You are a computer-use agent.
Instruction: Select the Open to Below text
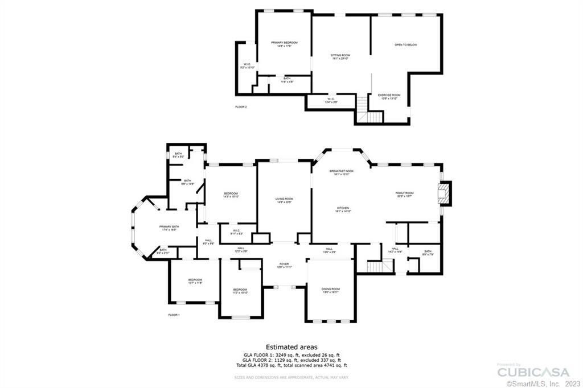pos(406,44)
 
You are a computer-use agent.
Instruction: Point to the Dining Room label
pos(331,290)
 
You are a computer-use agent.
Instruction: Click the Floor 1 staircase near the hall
pos(380,266)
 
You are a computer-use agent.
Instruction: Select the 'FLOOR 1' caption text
pos(174,315)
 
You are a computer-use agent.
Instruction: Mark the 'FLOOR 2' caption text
pos(241,107)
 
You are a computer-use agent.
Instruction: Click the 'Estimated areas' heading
pos(291,346)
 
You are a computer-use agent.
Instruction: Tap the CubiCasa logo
pos(533,372)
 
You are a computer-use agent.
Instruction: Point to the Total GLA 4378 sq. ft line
pos(291,365)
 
